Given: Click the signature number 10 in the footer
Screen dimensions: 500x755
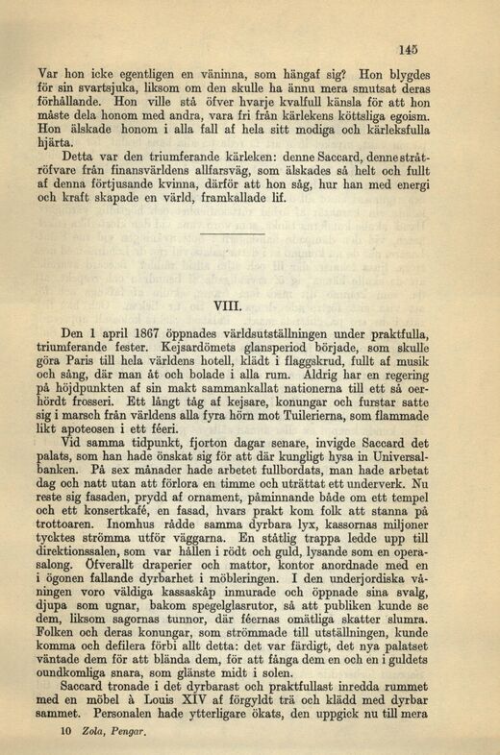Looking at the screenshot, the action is (x=65, y=734).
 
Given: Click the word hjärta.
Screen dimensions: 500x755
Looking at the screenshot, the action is (x=57, y=141).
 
